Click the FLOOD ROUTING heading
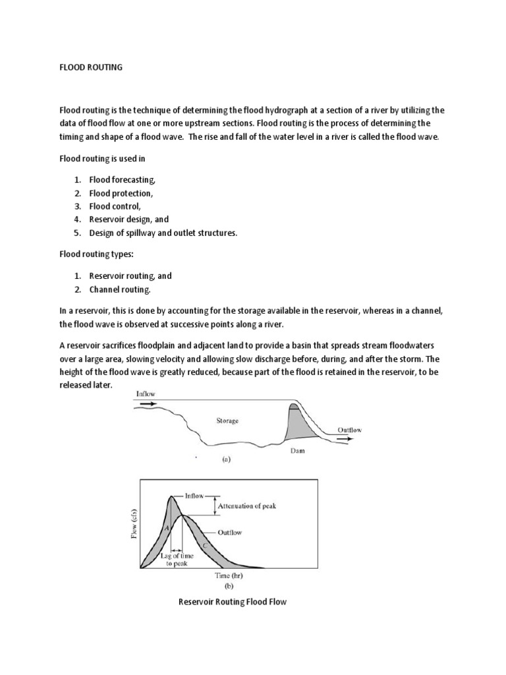[x=91, y=68]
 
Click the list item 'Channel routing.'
[x=125, y=289]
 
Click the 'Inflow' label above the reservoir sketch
[x=147, y=394]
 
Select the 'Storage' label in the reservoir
[x=227, y=419]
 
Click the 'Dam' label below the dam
[x=298, y=453]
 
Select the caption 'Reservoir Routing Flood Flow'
[x=233, y=602]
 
